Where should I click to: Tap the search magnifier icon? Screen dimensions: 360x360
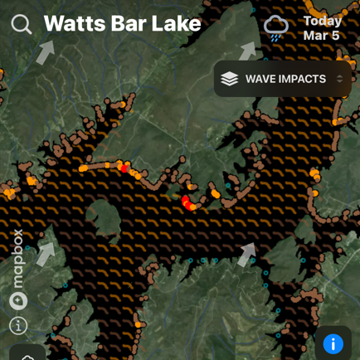point(22,24)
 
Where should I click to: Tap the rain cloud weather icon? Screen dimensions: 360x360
point(276,27)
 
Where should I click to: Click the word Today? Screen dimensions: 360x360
point(322,21)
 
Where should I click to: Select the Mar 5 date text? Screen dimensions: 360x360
point(321,36)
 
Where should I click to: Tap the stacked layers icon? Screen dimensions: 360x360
point(230,79)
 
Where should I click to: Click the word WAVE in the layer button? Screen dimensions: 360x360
point(262,79)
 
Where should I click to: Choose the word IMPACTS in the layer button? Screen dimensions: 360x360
point(303,79)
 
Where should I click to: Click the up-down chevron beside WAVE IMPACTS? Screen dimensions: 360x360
point(339,79)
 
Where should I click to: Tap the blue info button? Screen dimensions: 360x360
point(333,343)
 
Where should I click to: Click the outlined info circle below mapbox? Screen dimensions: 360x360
point(18,325)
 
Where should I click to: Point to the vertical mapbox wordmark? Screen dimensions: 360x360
point(18,259)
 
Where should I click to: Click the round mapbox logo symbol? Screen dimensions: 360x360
point(18,300)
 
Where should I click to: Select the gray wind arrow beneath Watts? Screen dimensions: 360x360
point(46,52)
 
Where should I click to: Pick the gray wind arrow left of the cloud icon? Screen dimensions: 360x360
point(248,51)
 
